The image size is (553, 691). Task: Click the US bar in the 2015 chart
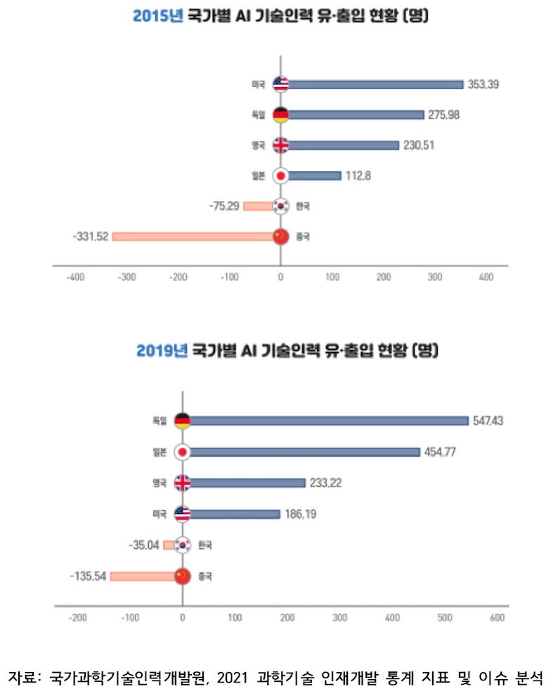click(x=375, y=84)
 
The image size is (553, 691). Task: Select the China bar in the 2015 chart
click(x=193, y=236)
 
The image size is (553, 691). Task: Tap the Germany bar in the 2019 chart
click(x=329, y=420)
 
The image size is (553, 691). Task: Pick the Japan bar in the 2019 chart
click(x=305, y=452)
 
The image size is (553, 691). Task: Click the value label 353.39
click(x=485, y=84)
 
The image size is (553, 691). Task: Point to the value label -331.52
click(x=90, y=237)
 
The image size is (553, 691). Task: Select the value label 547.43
click(x=490, y=420)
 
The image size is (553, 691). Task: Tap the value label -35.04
click(x=144, y=545)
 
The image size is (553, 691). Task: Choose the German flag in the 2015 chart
click(x=280, y=115)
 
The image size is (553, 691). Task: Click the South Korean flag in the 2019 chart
click(x=183, y=545)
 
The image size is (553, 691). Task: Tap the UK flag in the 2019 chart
click(x=183, y=483)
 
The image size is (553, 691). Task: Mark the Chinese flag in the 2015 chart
click(x=280, y=236)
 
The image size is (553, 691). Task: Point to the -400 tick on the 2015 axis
click(x=74, y=278)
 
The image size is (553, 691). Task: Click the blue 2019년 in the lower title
click(x=162, y=350)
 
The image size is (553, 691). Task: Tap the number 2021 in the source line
click(x=234, y=677)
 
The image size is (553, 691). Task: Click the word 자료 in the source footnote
click(x=23, y=677)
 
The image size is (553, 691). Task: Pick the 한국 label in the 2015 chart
click(x=303, y=207)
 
